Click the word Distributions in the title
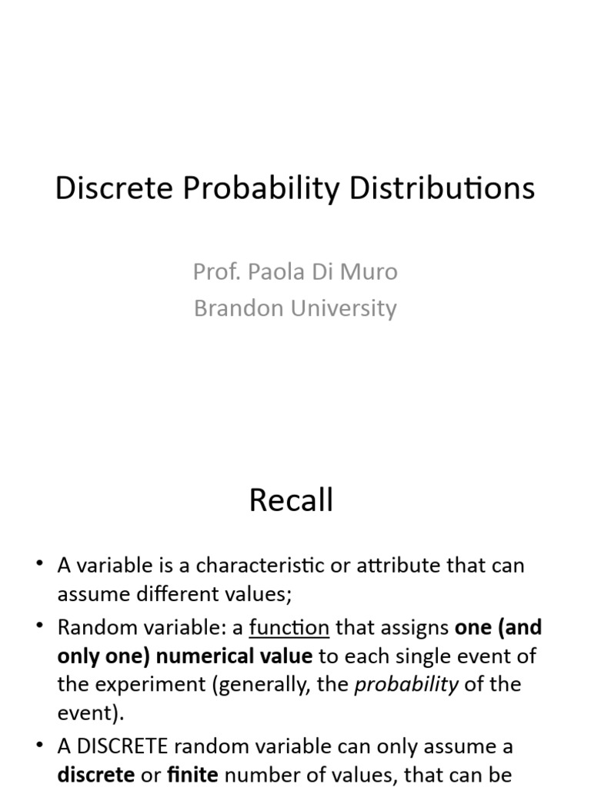[x=442, y=188]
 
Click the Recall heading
[x=291, y=500]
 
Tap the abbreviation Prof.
[x=212, y=271]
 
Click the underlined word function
[x=289, y=628]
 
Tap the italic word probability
[x=406, y=685]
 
